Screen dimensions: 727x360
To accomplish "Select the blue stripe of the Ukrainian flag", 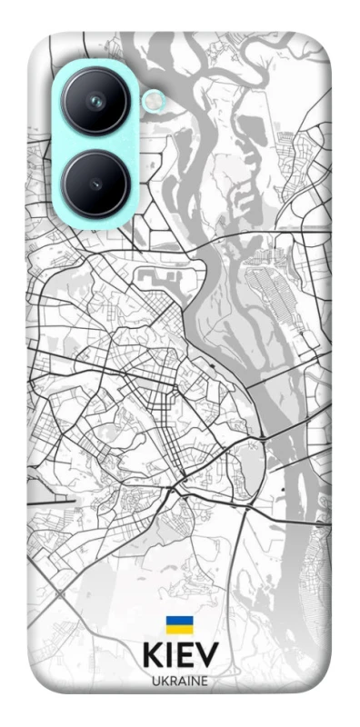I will click(179, 621).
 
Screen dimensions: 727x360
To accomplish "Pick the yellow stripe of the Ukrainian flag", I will click(179, 628).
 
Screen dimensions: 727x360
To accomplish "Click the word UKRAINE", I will click(179, 681).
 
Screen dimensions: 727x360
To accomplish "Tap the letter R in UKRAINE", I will click(172, 681).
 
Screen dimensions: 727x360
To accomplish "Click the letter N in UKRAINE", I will click(194, 681).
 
